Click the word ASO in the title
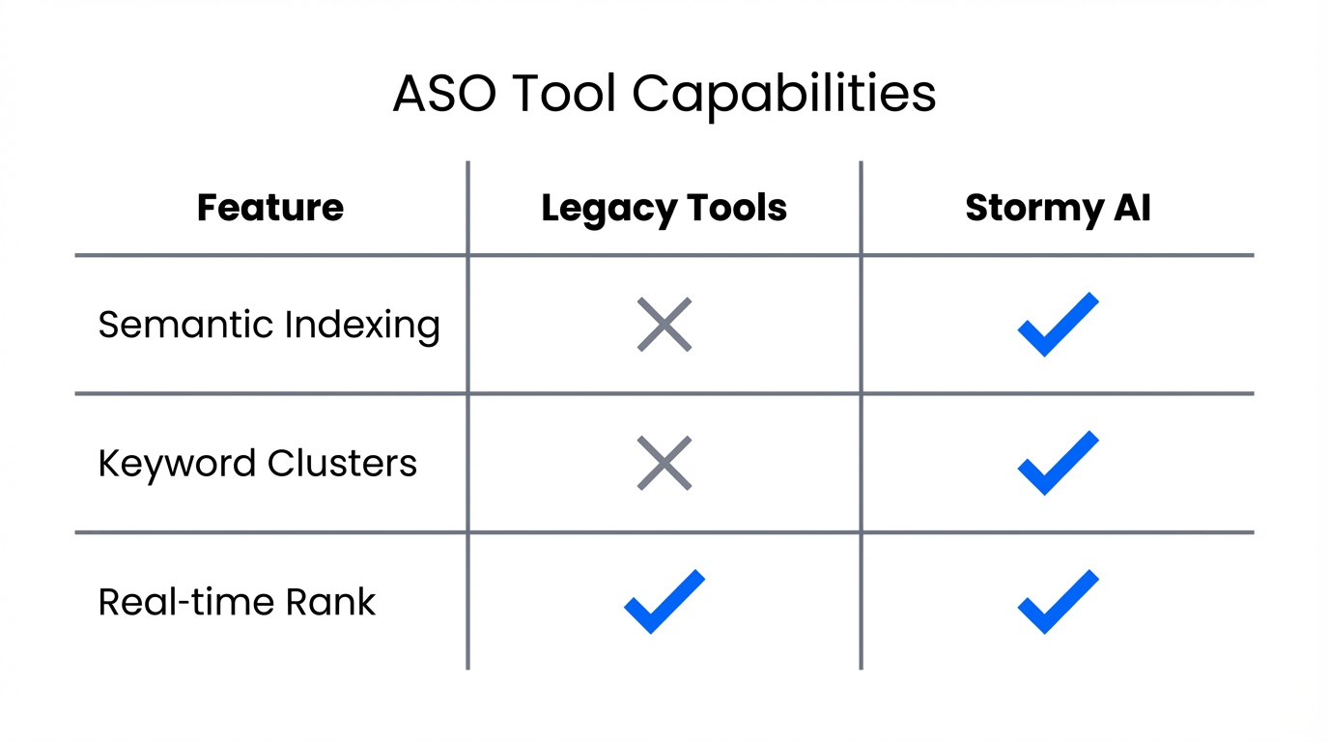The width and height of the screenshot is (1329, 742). [443, 95]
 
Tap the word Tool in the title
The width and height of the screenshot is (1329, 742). [562, 95]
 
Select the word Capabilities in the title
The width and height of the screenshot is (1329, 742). [784, 95]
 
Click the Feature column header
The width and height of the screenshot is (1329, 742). [270, 209]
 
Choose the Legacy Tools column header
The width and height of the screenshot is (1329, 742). [664, 209]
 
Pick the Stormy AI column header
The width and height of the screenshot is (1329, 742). [1058, 209]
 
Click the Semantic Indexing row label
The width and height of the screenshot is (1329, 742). [269, 325]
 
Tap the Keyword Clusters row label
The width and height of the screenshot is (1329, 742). [257, 464]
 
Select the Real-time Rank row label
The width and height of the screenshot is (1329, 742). [237, 602]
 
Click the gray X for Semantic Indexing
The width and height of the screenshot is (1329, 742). [664, 325]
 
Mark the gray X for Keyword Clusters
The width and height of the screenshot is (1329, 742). [664, 464]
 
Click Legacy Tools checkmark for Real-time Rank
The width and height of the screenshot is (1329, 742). [664, 602]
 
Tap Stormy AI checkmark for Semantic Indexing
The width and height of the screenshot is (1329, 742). [1058, 325]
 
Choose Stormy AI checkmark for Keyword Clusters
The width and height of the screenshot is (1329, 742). [1058, 464]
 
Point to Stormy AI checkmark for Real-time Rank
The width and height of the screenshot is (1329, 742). [1058, 602]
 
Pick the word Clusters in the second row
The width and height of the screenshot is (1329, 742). [342, 464]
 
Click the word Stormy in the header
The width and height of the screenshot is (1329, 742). [1025, 209]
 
